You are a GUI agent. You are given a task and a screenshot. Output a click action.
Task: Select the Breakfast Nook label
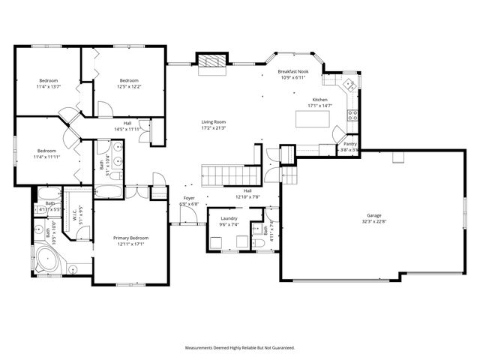click(x=295, y=73)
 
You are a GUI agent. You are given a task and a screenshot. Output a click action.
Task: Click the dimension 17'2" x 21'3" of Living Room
click(x=214, y=127)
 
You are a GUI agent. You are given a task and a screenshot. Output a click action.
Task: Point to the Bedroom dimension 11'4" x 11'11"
click(x=46, y=157)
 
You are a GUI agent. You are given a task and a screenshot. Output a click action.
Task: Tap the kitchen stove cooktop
click(x=351, y=115)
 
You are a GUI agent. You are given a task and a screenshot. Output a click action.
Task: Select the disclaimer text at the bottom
click(x=240, y=347)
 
